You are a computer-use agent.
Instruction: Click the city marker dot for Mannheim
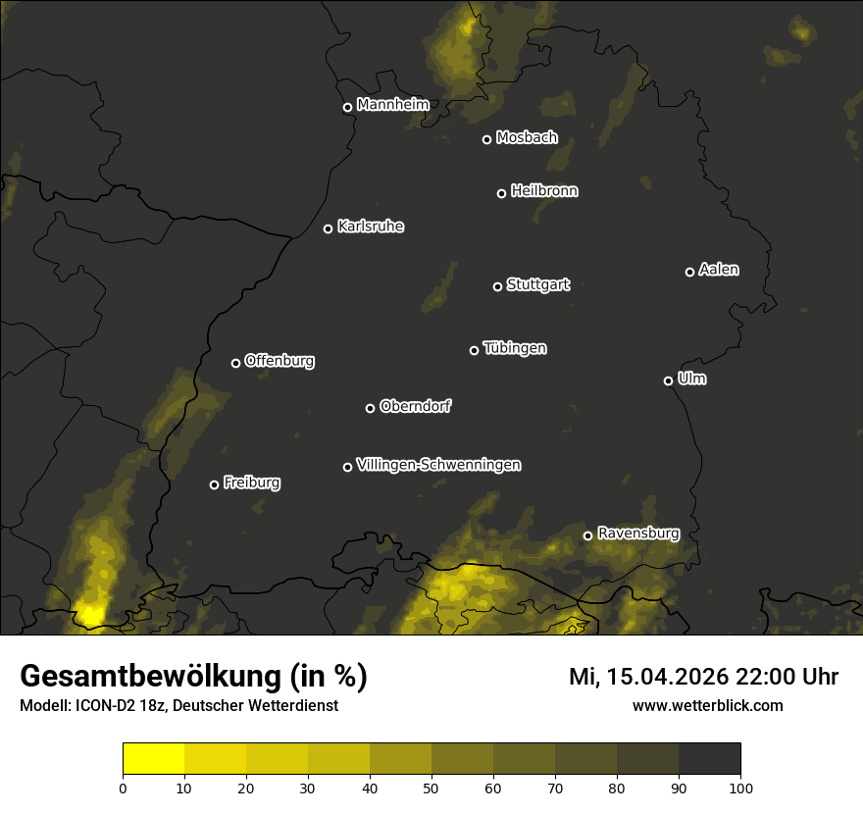(x=347, y=108)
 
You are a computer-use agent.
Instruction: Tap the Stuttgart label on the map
(x=537, y=285)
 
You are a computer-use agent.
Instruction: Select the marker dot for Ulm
(x=668, y=381)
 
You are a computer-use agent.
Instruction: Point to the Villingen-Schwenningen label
(x=438, y=465)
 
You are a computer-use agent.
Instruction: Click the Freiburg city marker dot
(x=214, y=484)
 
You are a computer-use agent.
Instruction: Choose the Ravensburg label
(x=637, y=534)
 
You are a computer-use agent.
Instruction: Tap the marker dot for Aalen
(x=689, y=272)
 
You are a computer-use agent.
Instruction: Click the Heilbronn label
(x=544, y=191)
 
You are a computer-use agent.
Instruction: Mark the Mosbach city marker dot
(x=486, y=139)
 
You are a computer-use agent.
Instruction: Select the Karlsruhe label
(x=370, y=227)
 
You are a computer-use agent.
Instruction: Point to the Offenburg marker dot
(x=235, y=363)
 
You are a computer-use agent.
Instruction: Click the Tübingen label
(x=515, y=348)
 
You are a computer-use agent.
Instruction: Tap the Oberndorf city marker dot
(x=370, y=408)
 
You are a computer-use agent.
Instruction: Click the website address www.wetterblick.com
(x=707, y=706)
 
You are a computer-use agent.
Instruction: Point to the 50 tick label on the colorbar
(x=431, y=788)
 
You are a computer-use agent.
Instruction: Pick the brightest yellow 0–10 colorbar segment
(x=153, y=758)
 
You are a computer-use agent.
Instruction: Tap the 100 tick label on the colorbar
(x=740, y=788)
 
